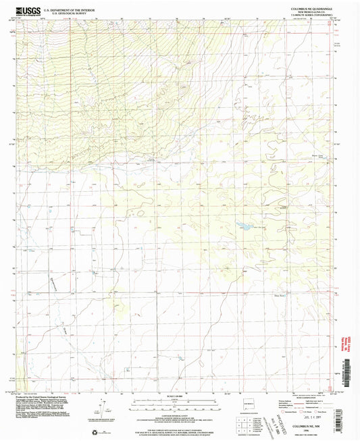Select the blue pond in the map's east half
click(242, 228)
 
